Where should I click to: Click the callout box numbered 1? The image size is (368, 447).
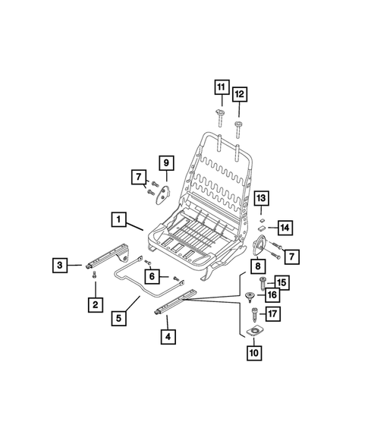[x=118, y=219]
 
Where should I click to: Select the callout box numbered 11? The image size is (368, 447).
[x=222, y=87]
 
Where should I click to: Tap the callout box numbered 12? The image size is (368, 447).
[x=240, y=94]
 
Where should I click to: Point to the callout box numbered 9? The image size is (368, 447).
[x=166, y=163]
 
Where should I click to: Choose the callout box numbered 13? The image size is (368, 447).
[x=261, y=198]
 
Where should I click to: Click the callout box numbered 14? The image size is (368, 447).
[x=285, y=228]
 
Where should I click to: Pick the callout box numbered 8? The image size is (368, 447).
[x=258, y=266]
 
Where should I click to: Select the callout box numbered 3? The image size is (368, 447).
[x=60, y=265]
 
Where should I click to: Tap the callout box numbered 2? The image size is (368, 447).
[x=95, y=305]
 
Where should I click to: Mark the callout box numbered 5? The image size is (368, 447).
[x=118, y=318]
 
